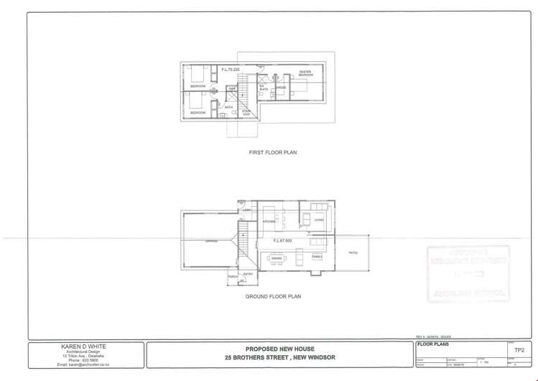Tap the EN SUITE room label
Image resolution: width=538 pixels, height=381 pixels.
pyautogui.click(x=263, y=88)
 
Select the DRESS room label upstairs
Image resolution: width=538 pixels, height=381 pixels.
pyautogui.click(x=281, y=88)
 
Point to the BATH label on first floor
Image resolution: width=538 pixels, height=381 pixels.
pyautogui.click(x=228, y=107)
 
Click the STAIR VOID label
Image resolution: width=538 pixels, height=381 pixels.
pyautogui.click(x=246, y=112)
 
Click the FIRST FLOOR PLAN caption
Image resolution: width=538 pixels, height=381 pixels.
pyautogui.click(x=272, y=152)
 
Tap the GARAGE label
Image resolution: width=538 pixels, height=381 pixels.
pyautogui.click(x=211, y=241)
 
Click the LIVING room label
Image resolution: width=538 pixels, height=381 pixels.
pyautogui.click(x=319, y=220)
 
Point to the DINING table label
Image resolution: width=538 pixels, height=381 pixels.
pyautogui.click(x=276, y=257)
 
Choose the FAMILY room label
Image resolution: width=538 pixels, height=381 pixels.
pyautogui.click(x=317, y=256)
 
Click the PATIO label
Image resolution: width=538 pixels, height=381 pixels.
pyautogui.click(x=353, y=252)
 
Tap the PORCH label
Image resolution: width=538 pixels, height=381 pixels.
pyautogui.click(x=232, y=276)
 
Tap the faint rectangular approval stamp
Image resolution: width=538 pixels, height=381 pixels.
pyautogui.click(x=468, y=275)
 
